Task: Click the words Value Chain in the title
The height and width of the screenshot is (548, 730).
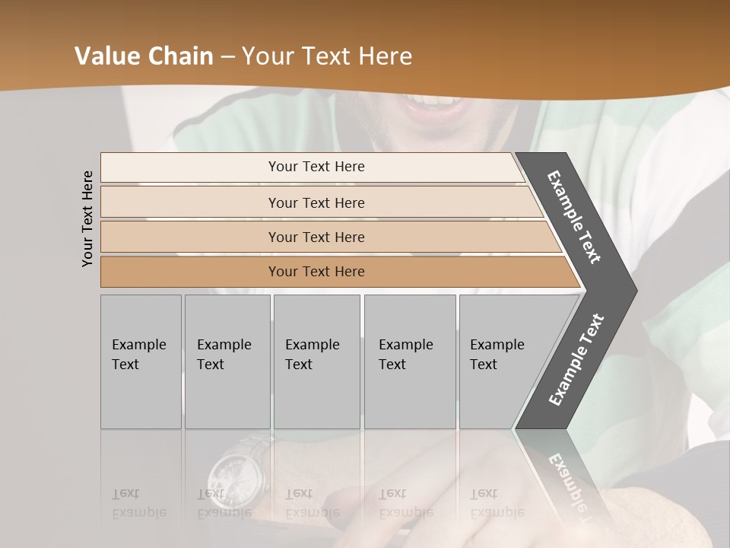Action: (144, 56)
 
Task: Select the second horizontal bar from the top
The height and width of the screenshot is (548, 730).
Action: (316, 202)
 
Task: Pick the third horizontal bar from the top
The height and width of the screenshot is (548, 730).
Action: (316, 237)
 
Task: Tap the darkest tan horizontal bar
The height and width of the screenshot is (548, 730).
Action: (316, 272)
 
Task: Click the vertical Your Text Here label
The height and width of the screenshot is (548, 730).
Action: (87, 218)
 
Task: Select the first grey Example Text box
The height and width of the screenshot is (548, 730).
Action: (141, 362)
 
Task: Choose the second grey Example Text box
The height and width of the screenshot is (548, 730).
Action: (227, 362)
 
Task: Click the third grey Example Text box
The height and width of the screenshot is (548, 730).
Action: (316, 362)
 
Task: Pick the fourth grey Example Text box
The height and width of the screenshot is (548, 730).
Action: (409, 362)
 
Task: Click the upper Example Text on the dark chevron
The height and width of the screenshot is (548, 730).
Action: (575, 217)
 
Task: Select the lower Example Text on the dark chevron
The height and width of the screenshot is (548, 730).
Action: (576, 359)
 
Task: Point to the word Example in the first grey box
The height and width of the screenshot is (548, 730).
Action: (138, 345)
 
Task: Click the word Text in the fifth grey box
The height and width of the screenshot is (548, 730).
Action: (484, 365)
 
